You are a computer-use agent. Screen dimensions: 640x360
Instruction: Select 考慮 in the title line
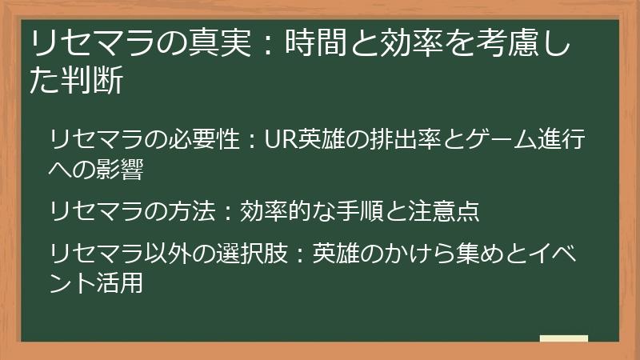tap(506, 42)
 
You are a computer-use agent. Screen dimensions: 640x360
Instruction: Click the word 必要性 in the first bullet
tap(204, 139)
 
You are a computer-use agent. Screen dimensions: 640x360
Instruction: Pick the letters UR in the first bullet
tap(281, 139)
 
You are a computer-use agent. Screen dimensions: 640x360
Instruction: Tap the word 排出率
tap(406, 139)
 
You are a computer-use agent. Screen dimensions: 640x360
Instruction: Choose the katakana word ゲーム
tap(501, 139)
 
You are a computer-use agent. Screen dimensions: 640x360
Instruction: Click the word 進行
tap(562, 139)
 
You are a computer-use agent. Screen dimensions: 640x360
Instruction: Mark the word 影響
tap(120, 169)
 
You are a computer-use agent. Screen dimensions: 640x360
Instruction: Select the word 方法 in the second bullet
tap(191, 211)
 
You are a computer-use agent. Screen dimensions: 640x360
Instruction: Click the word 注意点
tap(444, 211)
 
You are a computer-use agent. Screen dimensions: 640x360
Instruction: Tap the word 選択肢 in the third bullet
tap(252, 254)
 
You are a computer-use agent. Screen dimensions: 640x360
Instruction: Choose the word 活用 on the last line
tap(120, 283)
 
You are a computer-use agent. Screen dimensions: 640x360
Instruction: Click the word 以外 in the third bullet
tap(167, 254)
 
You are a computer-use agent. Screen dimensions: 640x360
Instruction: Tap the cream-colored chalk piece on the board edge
tap(564, 338)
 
